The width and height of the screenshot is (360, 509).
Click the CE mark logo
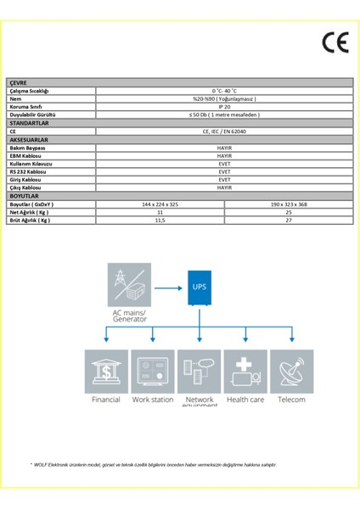335,42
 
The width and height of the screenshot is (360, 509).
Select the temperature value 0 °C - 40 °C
224,90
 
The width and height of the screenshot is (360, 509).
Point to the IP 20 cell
224,107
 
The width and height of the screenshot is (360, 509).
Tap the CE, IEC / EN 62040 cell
224,131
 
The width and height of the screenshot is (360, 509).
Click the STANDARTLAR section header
30,123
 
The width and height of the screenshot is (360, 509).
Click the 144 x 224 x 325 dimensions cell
160,204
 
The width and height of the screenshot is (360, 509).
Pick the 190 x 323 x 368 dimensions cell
289,204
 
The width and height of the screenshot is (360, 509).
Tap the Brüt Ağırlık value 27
289,221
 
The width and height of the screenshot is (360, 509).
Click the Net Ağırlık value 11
160,212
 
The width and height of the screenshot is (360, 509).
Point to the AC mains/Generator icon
131,286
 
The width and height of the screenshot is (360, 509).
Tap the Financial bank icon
107,371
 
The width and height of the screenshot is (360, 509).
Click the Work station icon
153,371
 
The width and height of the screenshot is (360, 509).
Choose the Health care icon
245,371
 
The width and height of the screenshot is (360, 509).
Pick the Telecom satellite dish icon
291,371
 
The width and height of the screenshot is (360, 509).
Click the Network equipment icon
200,371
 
